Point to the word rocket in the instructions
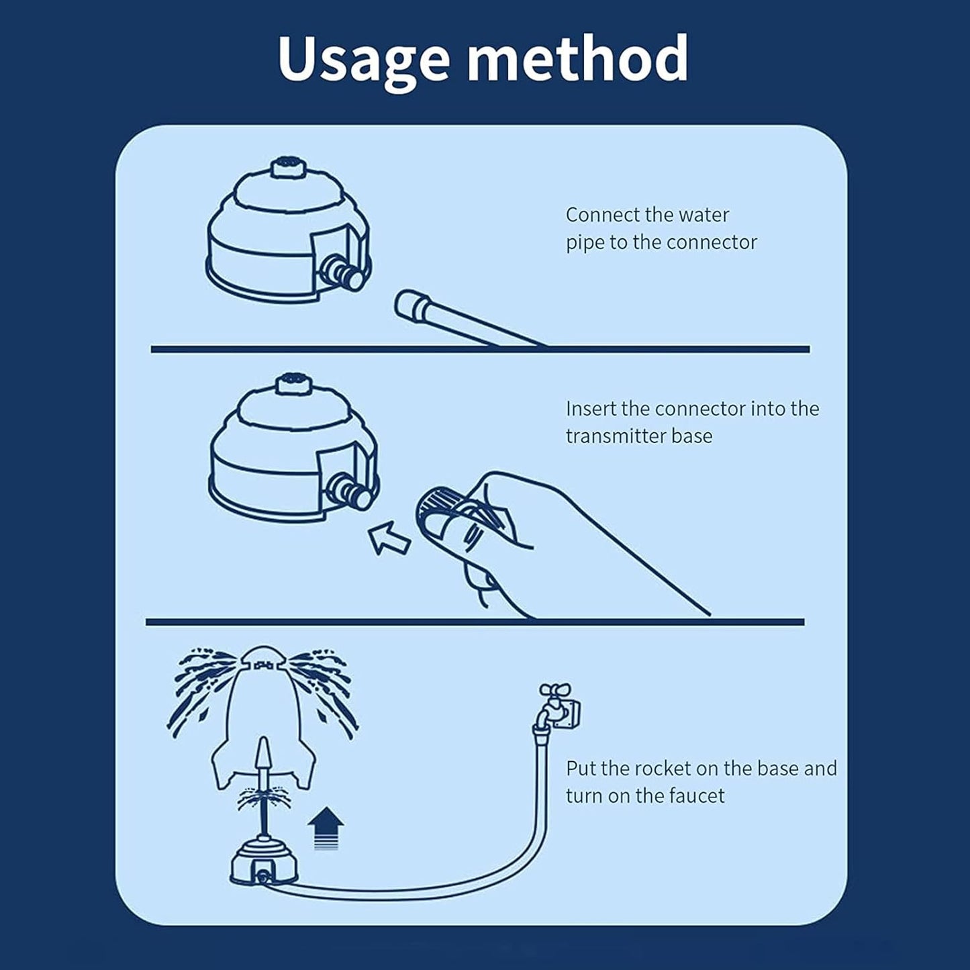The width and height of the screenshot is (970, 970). [x=660, y=769]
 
